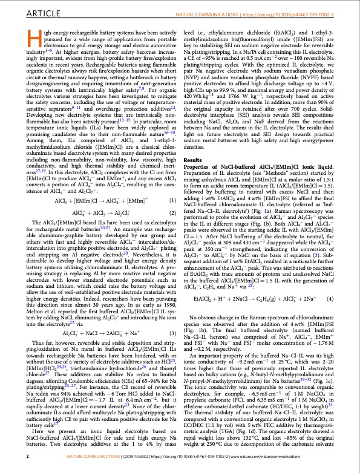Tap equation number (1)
tap(171, 200)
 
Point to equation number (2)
tap(171, 213)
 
